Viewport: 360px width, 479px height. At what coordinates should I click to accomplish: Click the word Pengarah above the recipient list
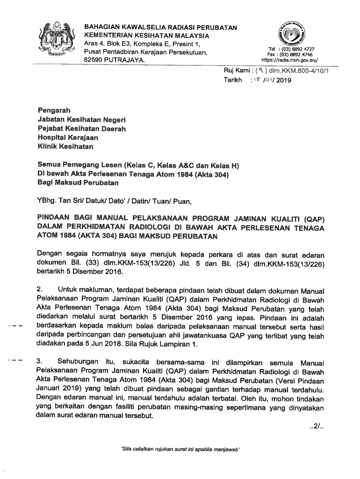[x=54, y=110]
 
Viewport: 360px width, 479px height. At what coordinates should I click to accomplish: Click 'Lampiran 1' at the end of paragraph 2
[x=178, y=345]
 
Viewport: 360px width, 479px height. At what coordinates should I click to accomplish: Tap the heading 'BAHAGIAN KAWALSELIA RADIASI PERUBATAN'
[x=160, y=28]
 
